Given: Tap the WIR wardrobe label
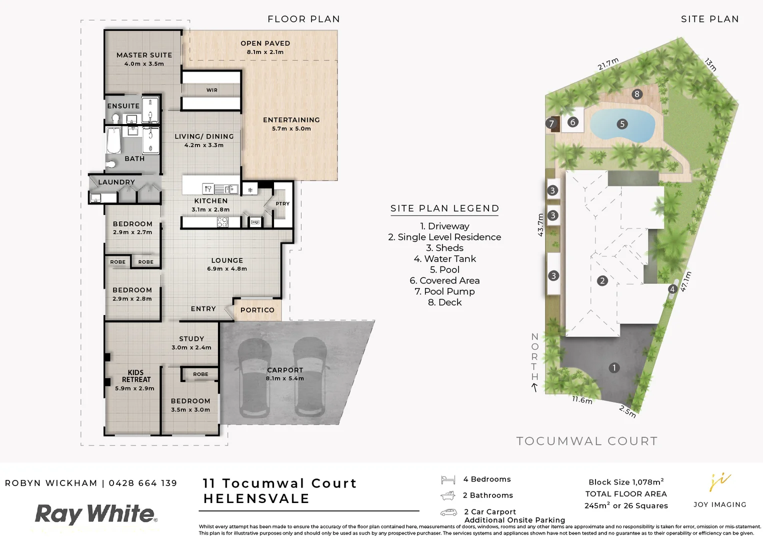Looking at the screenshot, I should click(x=212, y=90).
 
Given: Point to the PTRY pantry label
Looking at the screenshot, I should click(x=282, y=204).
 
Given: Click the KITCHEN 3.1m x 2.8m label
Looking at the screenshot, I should click(x=210, y=205).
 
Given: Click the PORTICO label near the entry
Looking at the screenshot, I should click(x=257, y=310).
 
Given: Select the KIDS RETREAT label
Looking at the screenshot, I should click(x=135, y=376).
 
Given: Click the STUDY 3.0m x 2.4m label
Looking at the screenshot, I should click(x=191, y=342).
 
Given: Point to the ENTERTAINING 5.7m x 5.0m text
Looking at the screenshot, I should click(x=291, y=123).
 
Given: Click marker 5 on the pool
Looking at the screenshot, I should click(x=622, y=124).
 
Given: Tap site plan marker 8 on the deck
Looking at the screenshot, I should click(x=636, y=94).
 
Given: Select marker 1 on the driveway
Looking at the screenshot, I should click(x=614, y=368).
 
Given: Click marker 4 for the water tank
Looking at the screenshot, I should click(x=672, y=289).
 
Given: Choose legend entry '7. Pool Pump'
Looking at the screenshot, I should click(x=444, y=291).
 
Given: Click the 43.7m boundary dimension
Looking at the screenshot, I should click(x=540, y=225).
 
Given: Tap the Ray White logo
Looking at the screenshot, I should click(x=95, y=514).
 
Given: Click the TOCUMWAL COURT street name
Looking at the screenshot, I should click(x=586, y=441).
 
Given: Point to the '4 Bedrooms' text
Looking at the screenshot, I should click(x=486, y=479).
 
